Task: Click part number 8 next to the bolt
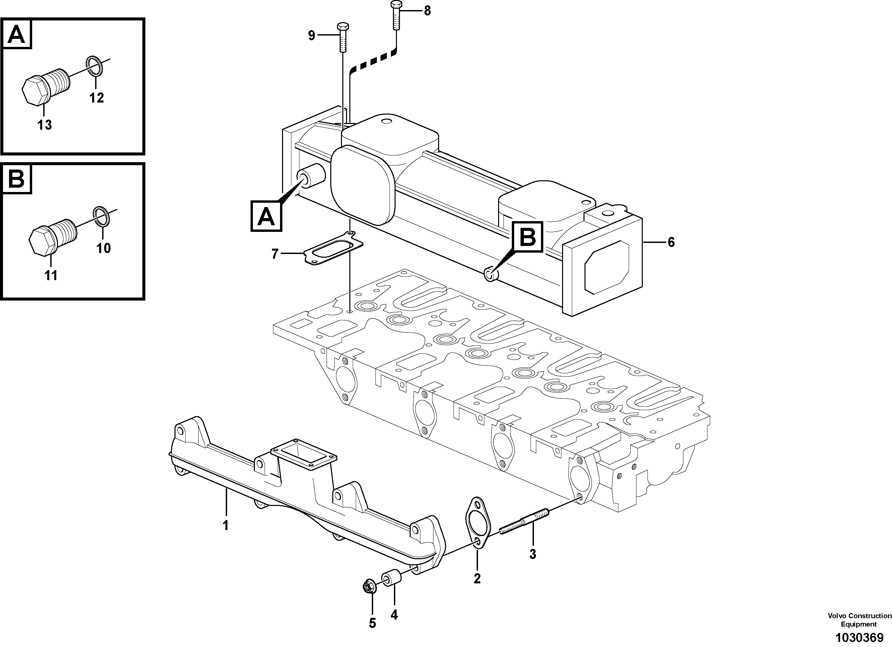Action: (427, 11)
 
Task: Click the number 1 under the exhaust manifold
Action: (226, 526)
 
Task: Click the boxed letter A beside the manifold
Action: (266, 216)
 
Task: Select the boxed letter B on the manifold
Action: (528, 237)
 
